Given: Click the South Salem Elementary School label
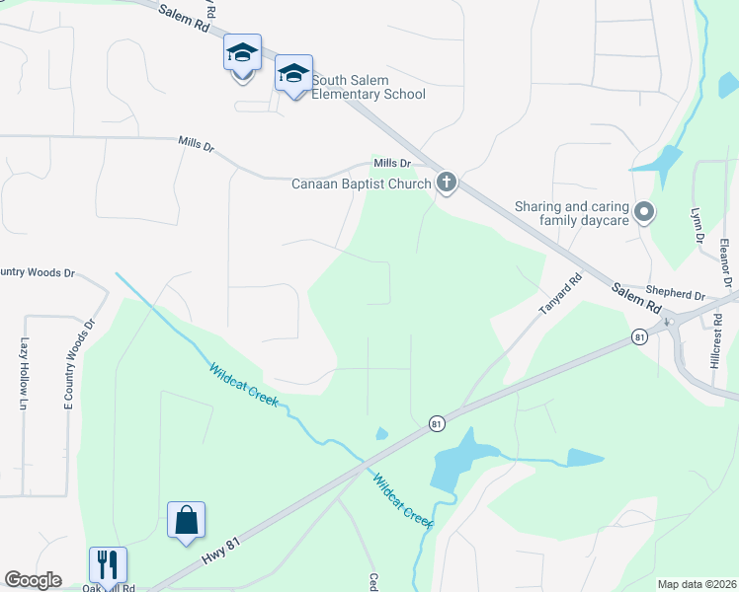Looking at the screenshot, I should coord(369,87).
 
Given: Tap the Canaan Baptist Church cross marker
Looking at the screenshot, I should coord(447,182).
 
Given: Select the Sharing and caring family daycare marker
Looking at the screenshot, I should coord(645,212).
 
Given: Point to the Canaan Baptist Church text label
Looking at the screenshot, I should coord(361,184).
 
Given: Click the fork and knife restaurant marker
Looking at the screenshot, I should coord(108,565).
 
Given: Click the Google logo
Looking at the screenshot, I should coord(33,580).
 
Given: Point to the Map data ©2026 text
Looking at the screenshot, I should coord(697,584).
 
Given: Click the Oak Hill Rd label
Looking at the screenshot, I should coord(109,588).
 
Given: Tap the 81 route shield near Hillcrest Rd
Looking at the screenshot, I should coord(639,337).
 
